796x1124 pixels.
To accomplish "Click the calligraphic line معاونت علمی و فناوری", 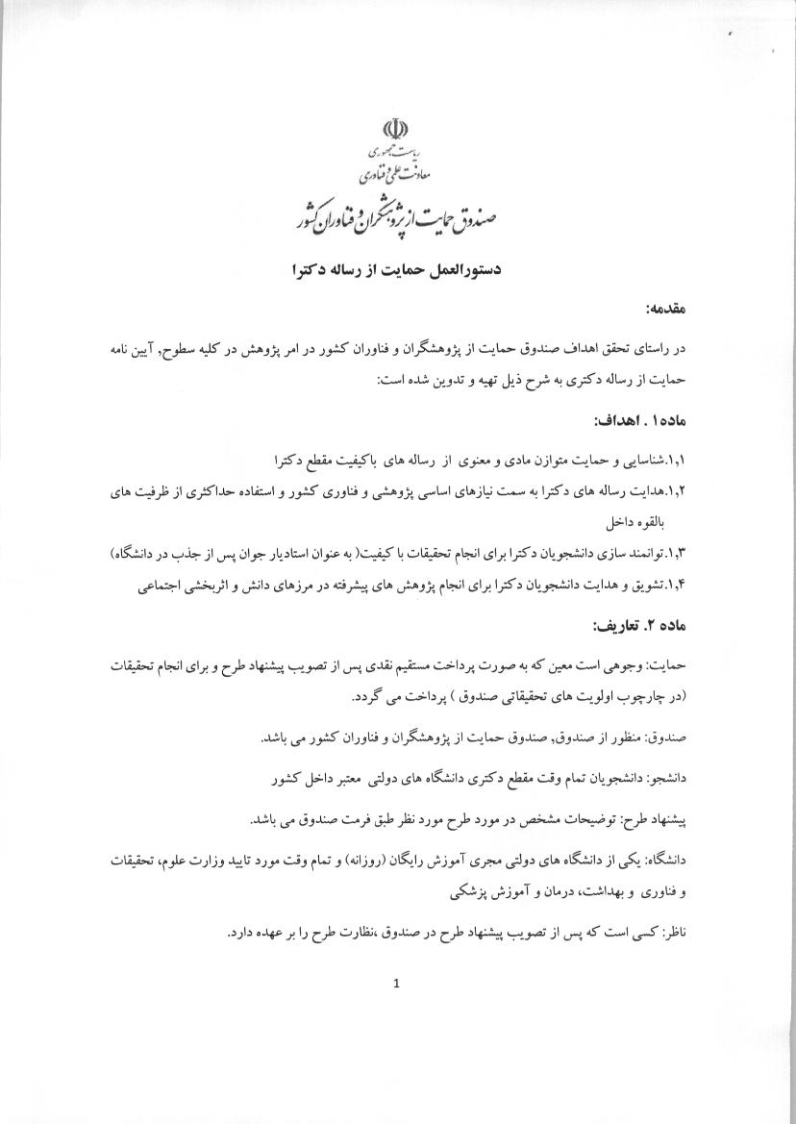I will click(x=395, y=175).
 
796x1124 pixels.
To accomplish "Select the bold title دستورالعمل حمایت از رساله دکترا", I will click(x=398, y=272).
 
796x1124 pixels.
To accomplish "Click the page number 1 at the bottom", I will click(x=396, y=983).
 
